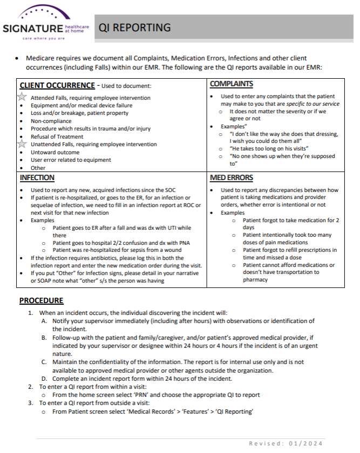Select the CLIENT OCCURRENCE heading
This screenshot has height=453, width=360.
click(57, 85)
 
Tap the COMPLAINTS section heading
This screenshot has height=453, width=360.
click(231, 84)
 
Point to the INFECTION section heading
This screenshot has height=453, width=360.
click(37, 177)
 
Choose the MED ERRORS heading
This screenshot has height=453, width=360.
click(232, 177)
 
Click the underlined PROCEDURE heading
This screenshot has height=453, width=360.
click(42, 300)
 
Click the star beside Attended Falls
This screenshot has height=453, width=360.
click(22, 98)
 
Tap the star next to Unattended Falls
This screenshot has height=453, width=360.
click(22, 144)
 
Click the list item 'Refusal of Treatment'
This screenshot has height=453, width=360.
click(57, 137)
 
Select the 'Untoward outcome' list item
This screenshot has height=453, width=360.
click(55, 152)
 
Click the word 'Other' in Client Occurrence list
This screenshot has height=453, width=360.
click(38, 168)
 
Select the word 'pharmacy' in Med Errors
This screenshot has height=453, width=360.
click(255, 280)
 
